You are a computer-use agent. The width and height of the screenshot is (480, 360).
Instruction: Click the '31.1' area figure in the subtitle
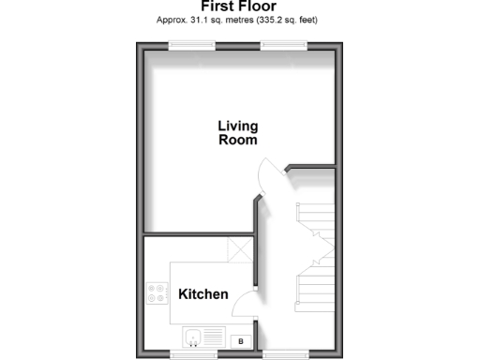207,20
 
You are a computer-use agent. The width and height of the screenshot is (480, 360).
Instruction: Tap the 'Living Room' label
237,132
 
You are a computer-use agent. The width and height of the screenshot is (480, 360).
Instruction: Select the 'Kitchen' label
203,294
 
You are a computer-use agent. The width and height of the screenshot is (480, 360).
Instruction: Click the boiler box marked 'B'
241,341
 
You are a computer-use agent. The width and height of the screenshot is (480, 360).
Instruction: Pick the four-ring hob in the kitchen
156,293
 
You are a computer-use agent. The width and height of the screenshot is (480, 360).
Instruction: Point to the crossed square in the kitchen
239,250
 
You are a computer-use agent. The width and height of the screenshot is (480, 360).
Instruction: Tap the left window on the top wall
191,44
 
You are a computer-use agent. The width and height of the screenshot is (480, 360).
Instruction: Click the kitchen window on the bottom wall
195,354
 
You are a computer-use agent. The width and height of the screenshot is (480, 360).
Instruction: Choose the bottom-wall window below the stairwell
285,354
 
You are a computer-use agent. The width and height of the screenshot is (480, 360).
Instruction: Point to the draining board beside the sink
214,337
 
